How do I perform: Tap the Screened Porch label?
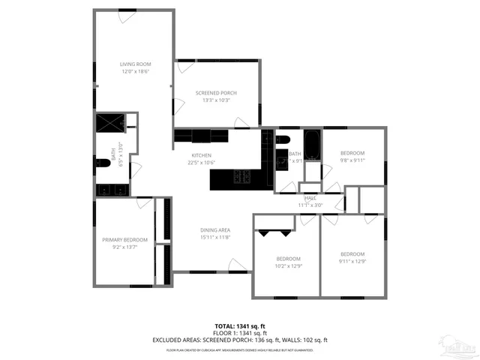coord(216,92)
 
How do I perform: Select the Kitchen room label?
coord(200,155)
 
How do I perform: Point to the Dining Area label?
coord(214,229)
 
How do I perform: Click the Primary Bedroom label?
coord(124,239)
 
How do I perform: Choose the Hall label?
coord(310,197)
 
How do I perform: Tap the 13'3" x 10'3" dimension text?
coord(216,100)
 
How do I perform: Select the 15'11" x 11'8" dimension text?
coord(214,237)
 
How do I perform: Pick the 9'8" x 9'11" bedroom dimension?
coord(352,160)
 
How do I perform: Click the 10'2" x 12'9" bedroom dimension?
coord(287,265)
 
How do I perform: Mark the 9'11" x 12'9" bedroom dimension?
coord(352,261)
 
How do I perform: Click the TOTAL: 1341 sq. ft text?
coord(239,325)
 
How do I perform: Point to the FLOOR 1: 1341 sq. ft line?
coord(239,333)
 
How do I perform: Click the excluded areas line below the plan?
coord(239,340)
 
